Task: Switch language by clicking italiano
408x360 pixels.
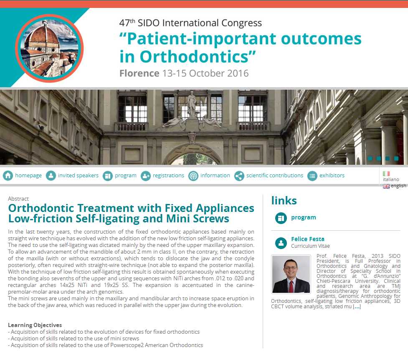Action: (391, 179)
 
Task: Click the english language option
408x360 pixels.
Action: (398, 186)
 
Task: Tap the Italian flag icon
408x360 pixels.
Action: (386, 174)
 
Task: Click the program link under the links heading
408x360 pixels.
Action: (304, 217)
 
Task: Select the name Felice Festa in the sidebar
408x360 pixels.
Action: (307, 239)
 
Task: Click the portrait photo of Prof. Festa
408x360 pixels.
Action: (291, 274)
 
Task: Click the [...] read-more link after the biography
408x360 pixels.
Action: (357, 307)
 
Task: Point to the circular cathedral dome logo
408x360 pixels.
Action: (49, 48)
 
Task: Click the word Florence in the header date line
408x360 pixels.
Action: (139, 73)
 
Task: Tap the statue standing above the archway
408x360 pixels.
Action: (192, 104)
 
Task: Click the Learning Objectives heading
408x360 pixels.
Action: (35, 325)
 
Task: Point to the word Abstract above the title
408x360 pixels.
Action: (18, 199)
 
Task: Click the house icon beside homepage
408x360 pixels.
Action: (8, 176)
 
